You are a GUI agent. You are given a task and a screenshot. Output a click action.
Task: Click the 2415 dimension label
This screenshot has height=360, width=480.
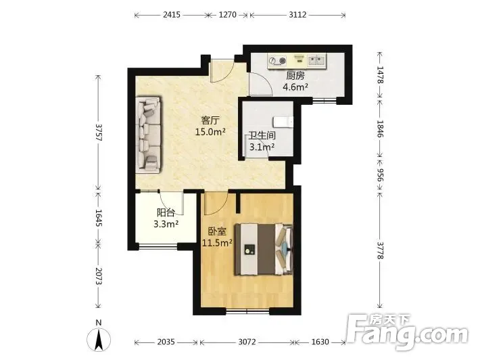coord(172,14)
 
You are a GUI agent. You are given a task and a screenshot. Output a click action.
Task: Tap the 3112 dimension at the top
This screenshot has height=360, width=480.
coord(297,14)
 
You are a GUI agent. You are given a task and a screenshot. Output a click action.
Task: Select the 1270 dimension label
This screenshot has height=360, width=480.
coord(227,14)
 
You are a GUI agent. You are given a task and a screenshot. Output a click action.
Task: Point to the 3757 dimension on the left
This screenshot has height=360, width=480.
coord(98,133)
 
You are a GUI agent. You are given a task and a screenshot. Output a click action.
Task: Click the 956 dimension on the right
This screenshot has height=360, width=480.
coord(379,175)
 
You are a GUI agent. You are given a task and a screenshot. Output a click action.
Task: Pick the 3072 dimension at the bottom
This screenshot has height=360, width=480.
coord(247,342)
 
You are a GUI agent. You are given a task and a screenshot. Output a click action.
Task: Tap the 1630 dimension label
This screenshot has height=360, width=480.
coord(320,342)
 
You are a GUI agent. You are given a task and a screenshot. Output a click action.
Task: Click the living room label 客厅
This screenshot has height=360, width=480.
coord(210,120)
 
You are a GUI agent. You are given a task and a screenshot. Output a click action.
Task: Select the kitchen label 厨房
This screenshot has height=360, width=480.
coord(295,76)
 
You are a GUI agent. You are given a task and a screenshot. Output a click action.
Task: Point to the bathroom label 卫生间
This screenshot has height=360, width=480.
coord(262,135)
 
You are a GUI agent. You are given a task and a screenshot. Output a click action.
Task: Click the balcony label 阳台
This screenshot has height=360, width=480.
coord(166,212)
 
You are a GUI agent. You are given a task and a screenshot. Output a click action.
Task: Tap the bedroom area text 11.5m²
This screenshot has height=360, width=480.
coord(217,243)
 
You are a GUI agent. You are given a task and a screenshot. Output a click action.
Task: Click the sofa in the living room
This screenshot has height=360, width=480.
coord(148,135)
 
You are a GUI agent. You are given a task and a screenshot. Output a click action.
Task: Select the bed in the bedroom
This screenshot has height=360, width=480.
coord(264,250)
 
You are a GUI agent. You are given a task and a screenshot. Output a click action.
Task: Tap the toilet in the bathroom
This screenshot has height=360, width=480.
coord(284,122)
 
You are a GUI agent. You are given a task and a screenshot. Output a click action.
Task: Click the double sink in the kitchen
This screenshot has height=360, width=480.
coord(316,60)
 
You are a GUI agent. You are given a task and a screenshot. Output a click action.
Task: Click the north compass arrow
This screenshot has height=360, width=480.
coord(99,340)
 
